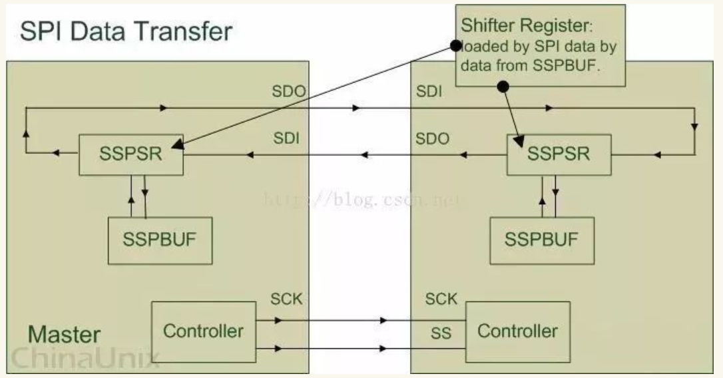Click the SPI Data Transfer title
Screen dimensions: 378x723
[x=126, y=31]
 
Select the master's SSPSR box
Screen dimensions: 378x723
[x=131, y=154]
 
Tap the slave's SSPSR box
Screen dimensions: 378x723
[x=559, y=154]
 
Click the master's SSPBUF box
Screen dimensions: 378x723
[x=160, y=240]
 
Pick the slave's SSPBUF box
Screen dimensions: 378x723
[x=541, y=240]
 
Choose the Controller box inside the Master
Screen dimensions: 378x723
[x=204, y=331]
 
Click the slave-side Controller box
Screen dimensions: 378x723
[x=517, y=331]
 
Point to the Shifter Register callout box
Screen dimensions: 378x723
[x=540, y=45]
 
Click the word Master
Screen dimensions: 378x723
[x=64, y=334]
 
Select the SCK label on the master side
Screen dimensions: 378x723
[x=286, y=299]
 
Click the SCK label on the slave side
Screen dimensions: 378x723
[x=441, y=299]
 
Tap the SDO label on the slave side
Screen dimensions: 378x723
[x=433, y=139]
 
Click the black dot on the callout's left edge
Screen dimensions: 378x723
[x=456, y=45]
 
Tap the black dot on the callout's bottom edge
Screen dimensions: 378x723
[x=504, y=86]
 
